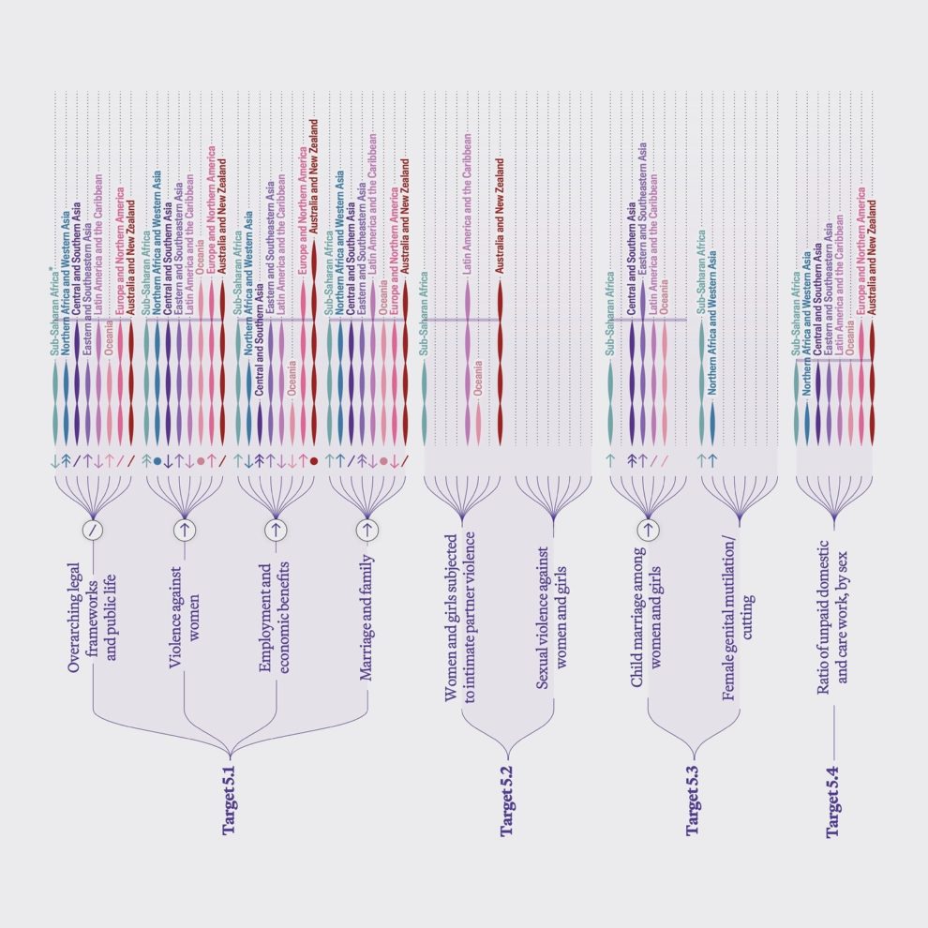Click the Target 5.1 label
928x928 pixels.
click(229, 802)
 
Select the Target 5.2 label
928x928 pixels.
click(507, 804)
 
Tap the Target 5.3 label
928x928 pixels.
click(694, 802)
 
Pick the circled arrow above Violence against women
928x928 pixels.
click(185, 530)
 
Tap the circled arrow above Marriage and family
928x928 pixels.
click(367, 530)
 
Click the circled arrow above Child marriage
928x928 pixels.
click(647, 530)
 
